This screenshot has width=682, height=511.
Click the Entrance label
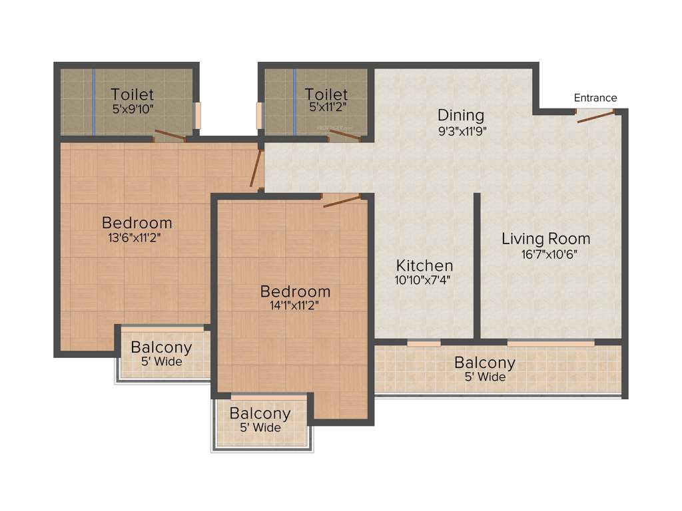pos(595,98)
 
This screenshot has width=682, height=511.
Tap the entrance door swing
pos(595,117)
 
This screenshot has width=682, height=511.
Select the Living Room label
pos(545,238)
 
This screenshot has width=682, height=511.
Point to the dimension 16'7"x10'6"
pos(545,254)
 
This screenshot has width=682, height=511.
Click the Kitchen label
pos(424,265)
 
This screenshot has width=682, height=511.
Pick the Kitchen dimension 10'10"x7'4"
pos(424,280)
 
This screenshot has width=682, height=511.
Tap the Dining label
pos(460,115)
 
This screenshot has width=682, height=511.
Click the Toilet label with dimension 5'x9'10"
pos(133,94)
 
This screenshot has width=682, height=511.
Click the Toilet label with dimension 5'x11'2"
pos(326,94)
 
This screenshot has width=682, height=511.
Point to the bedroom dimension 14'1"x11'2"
pos(295,307)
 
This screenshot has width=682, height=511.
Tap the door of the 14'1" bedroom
pos(342,200)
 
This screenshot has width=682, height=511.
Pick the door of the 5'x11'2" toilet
pos(344,136)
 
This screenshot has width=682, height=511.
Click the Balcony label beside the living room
pos(484,363)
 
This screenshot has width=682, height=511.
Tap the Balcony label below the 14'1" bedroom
pos(260,413)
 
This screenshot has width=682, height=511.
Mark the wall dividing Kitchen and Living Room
pos(477,266)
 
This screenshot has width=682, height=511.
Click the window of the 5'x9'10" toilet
pos(197,116)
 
